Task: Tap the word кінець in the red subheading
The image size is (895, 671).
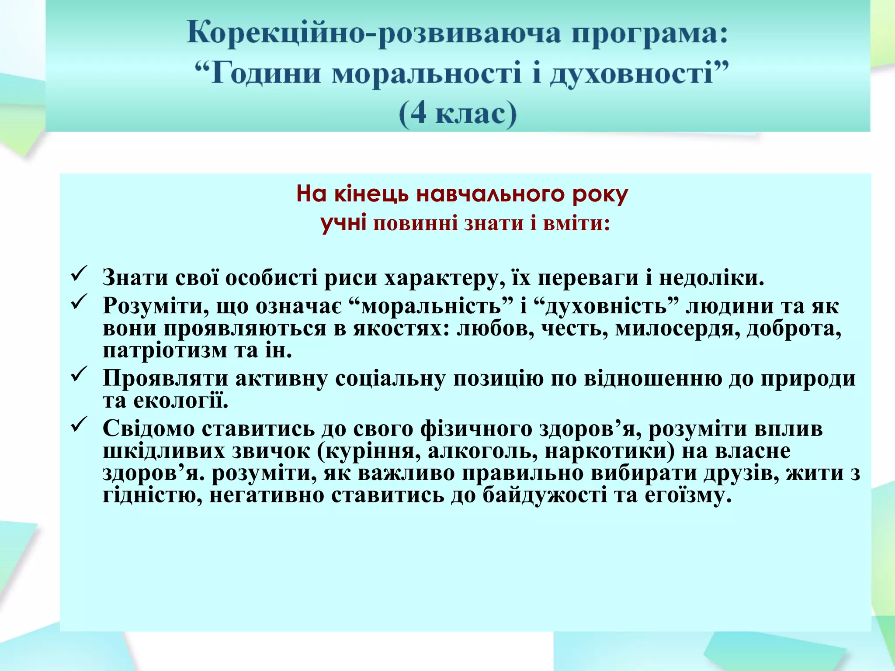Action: tap(372, 194)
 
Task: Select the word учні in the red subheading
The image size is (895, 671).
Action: tap(343, 223)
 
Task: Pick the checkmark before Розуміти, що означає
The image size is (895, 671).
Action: tap(79, 301)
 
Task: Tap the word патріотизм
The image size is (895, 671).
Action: tap(165, 350)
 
